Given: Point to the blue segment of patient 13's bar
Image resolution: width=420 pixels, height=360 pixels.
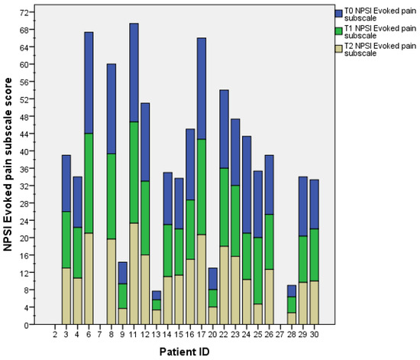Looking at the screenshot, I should (x=157, y=295).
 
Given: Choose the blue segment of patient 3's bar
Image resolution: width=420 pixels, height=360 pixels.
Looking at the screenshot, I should (x=66, y=183).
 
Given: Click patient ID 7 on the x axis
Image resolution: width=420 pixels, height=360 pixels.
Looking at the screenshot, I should (x=100, y=334).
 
